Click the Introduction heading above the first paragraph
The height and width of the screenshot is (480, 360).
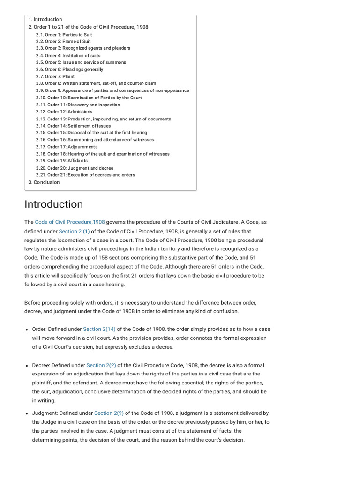point(53,204)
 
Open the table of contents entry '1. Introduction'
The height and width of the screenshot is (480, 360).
point(45,19)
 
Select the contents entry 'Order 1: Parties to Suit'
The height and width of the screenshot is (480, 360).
point(64,34)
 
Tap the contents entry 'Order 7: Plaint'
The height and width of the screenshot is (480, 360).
point(55,76)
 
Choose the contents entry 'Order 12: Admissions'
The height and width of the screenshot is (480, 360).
point(64,112)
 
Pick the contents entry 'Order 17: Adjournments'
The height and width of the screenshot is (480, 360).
point(67,147)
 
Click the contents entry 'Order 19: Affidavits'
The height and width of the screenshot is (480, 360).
point(61,161)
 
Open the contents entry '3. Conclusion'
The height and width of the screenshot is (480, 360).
point(44,182)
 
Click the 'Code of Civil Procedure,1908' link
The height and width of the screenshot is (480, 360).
point(70,222)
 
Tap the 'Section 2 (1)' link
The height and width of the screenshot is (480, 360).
point(74,232)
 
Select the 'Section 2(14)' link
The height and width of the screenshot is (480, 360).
point(99,329)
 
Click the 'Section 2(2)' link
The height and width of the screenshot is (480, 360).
point(101,365)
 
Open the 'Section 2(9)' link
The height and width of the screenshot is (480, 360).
point(109,413)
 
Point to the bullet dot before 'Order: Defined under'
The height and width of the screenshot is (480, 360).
point(27,330)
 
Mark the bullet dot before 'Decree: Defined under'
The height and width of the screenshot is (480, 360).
point(27,366)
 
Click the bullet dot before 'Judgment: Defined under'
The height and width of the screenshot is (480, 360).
point(27,413)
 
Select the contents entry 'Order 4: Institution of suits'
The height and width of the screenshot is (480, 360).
point(68,55)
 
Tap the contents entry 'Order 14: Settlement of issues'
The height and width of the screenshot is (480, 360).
point(73,126)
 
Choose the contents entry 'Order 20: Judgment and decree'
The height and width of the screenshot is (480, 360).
point(75,168)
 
